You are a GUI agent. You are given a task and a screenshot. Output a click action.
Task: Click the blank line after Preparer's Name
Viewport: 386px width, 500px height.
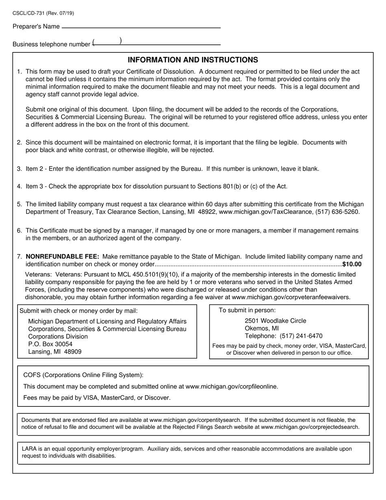pyautogui.click(x=141, y=27)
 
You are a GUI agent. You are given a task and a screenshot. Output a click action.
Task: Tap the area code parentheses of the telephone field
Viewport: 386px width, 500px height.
pyautogui.click(x=107, y=41)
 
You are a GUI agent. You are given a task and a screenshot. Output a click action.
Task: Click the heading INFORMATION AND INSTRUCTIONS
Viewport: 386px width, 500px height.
pyautogui.click(x=193, y=60)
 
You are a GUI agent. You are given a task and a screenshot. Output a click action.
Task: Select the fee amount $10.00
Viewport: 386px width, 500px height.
pyautogui.click(x=352, y=264)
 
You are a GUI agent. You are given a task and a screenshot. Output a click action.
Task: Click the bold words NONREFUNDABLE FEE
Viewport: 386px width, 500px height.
pyautogui.click(x=62, y=257)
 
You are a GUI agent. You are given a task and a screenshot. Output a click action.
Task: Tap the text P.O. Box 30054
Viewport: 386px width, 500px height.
pyautogui.click(x=50, y=344)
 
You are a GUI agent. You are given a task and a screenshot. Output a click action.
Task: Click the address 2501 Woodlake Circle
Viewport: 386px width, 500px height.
pyautogui.click(x=275, y=321)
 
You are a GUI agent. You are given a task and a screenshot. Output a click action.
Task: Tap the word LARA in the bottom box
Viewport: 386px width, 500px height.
pyautogui.click(x=29, y=449)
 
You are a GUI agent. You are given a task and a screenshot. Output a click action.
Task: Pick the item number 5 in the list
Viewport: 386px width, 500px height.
pyautogui.click(x=19, y=204)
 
